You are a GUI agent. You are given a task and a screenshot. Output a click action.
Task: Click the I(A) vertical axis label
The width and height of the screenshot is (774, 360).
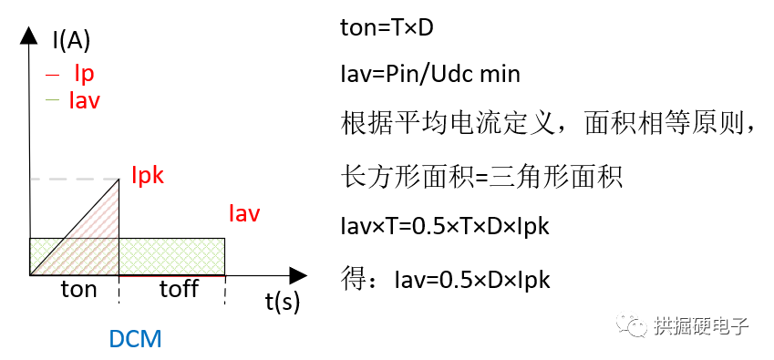tap(72, 40)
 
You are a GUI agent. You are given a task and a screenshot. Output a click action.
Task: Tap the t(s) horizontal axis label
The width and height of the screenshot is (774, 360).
tap(283, 301)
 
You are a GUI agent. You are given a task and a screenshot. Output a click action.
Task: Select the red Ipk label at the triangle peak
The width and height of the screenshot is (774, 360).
tap(147, 174)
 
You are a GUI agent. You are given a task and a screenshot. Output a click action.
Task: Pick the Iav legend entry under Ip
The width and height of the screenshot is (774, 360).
tap(84, 99)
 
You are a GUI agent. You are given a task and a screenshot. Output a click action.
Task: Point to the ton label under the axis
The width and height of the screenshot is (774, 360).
tap(78, 289)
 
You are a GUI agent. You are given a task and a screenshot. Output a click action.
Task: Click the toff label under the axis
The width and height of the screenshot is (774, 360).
tap(179, 289)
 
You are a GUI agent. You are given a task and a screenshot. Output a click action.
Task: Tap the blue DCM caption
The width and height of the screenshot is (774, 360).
tap(135, 340)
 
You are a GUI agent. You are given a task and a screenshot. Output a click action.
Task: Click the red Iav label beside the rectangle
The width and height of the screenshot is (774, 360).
tap(244, 214)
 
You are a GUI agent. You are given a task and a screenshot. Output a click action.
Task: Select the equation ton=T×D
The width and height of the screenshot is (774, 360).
tap(386, 28)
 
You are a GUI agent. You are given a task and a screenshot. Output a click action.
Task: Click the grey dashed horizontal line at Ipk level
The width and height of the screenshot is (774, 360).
tap(73, 180)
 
